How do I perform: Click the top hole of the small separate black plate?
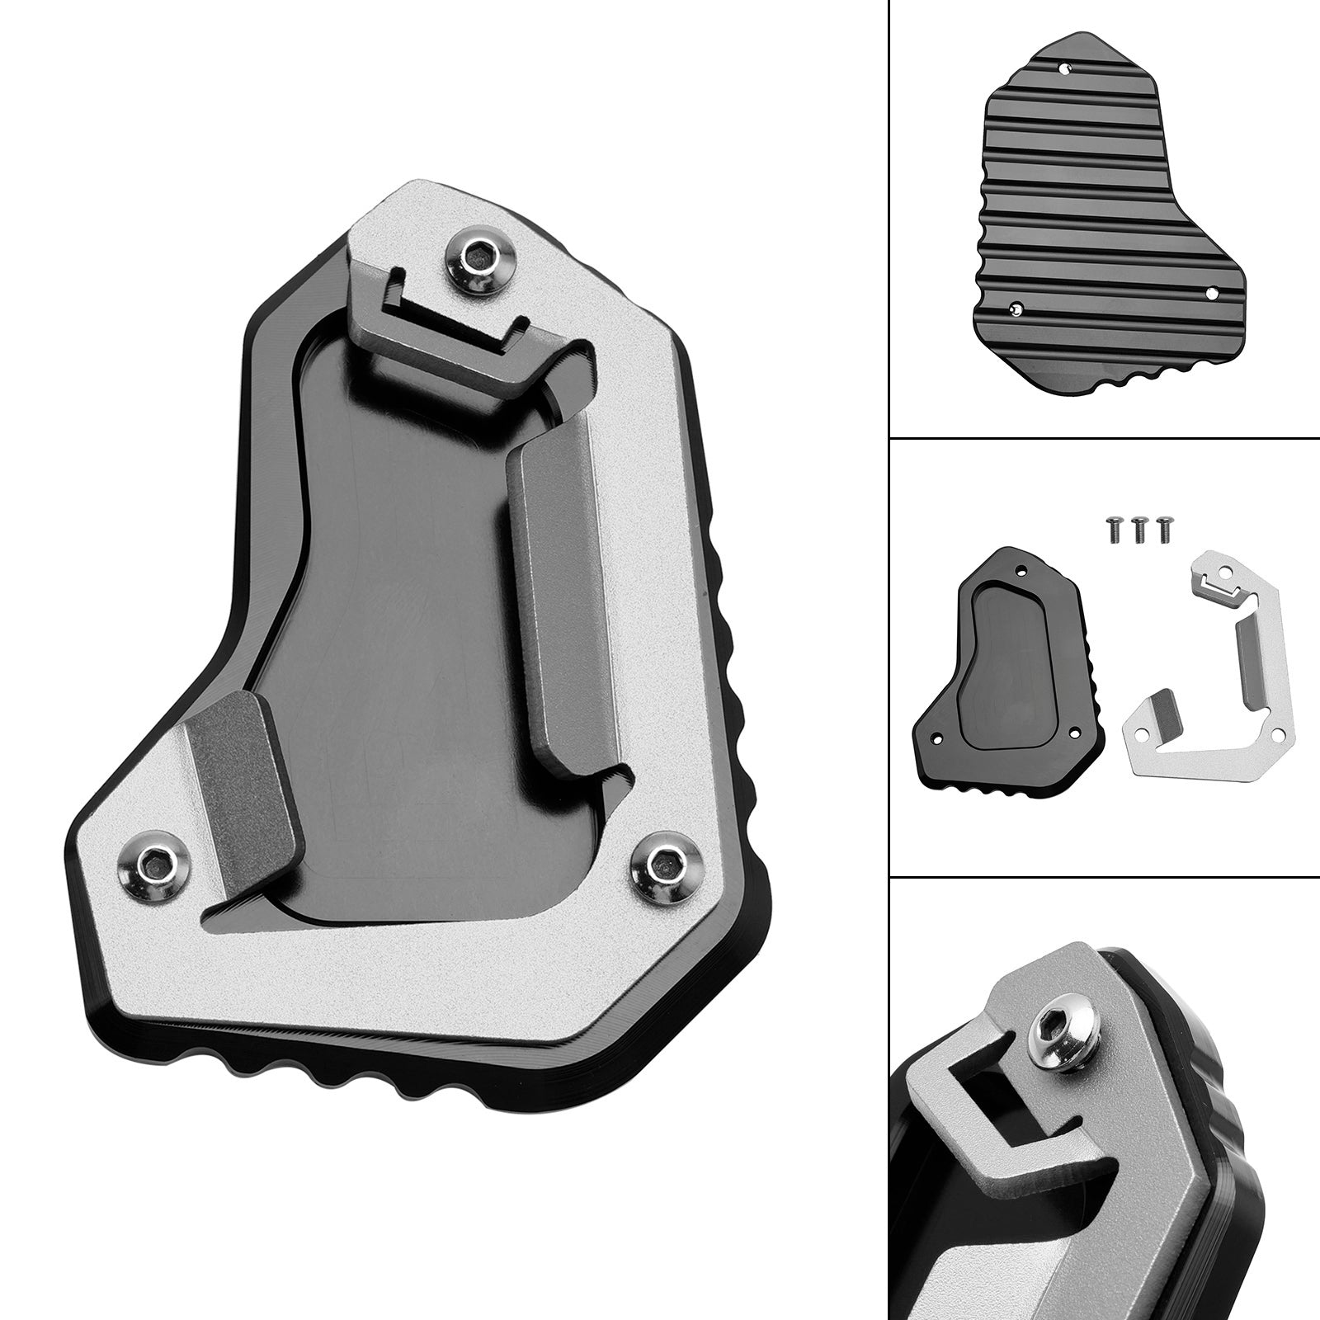click(1022, 569)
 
